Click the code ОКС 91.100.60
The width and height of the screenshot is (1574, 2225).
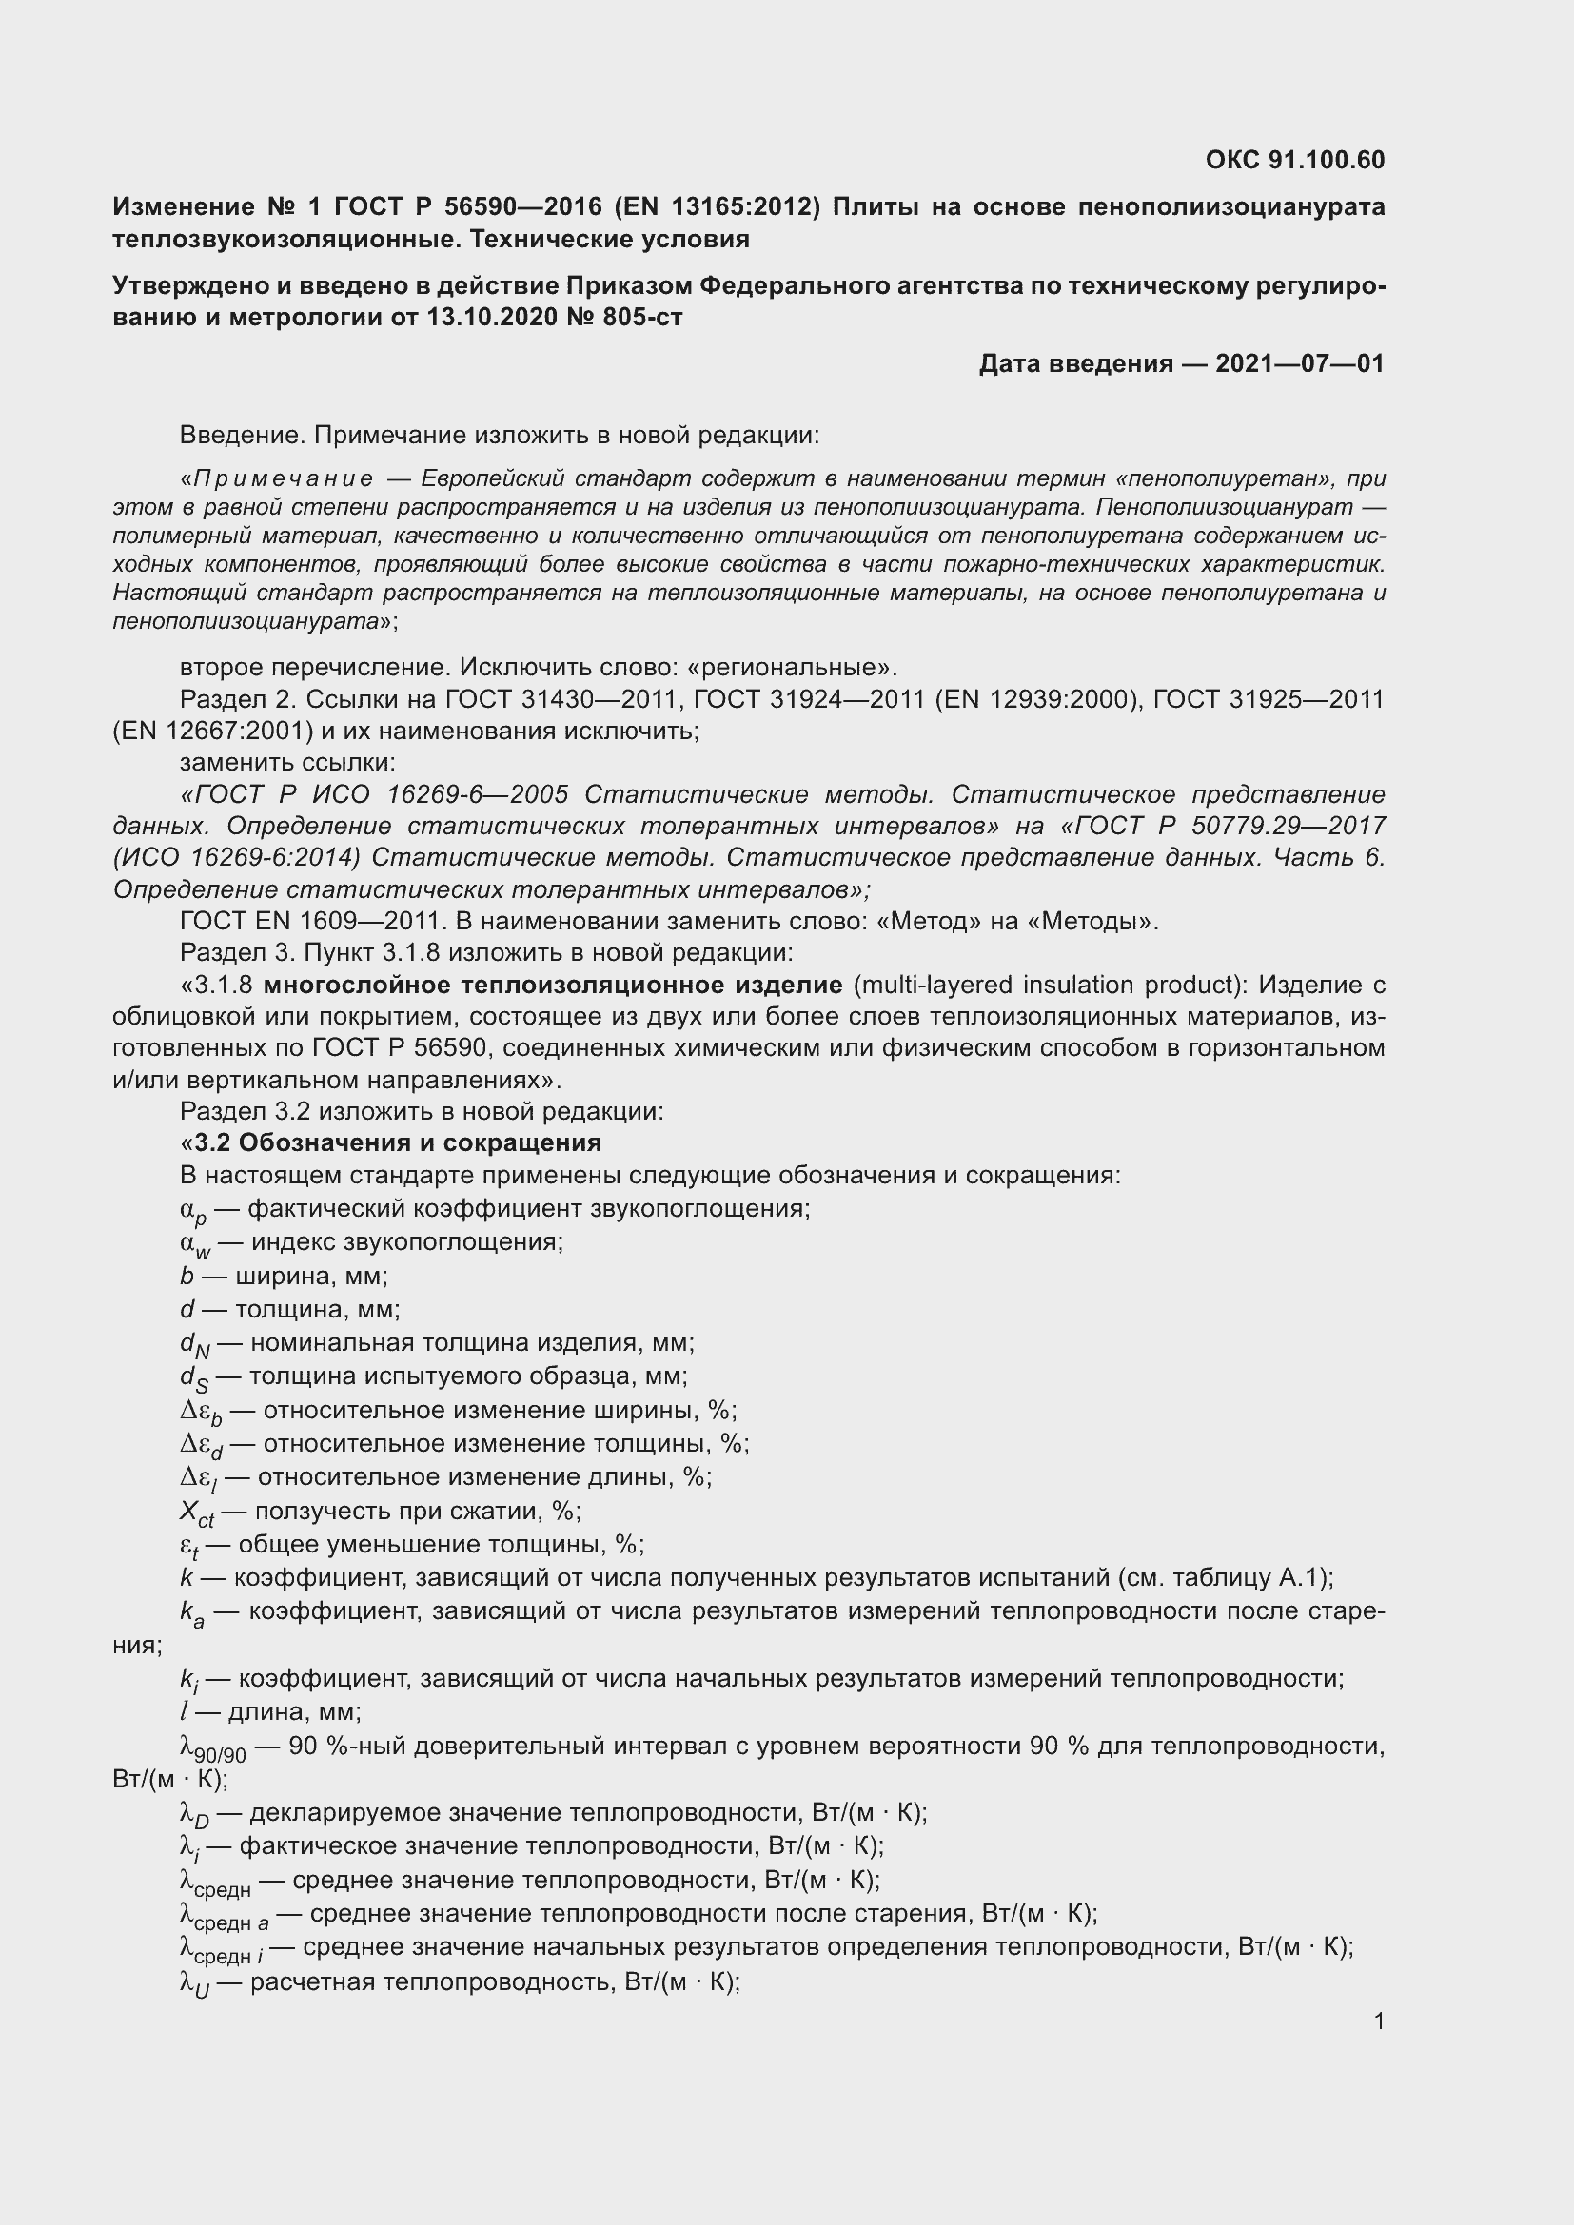pyautogui.click(x=1295, y=160)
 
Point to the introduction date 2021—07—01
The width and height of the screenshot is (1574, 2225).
pyautogui.click(x=1299, y=363)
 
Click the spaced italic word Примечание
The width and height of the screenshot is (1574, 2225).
pyautogui.click(x=283, y=478)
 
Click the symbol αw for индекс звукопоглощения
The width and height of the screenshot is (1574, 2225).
pyautogui.click(x=195, y=1244)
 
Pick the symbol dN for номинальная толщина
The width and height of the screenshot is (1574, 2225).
pyautogui.click(x=195, y=1345)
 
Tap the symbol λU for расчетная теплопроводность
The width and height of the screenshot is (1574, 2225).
pyautogui.click(x=195, y=1983)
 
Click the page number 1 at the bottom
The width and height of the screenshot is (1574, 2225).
pyautogui.click(x=1378, y=2020)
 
